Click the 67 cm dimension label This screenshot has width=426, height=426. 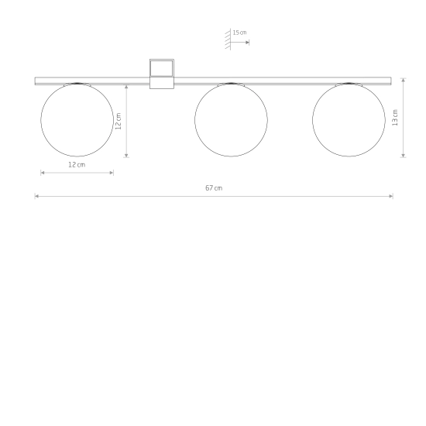click(214, 188)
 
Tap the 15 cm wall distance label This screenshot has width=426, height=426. click(239, 33)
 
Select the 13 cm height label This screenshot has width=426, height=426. click(395, 118)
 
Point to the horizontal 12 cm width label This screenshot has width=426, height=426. click(77, 165)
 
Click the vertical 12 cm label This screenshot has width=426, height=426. click(119, 121)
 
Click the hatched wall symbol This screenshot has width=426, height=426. click(228, 40)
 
